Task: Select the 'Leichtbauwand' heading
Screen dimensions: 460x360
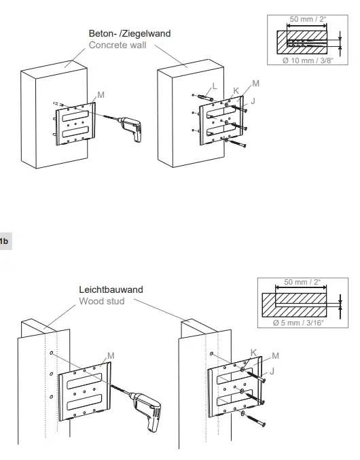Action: click(x=111, y=289)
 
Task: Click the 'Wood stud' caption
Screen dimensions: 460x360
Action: click(x=102, y=301)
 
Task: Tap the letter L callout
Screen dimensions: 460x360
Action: click(x=214, y=86)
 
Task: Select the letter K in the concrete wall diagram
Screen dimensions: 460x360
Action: click(x=236, y=90)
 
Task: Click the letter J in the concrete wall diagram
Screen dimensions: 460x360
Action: click(x=253, y=101)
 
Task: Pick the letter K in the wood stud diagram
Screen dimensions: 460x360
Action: click(x=253, y=352)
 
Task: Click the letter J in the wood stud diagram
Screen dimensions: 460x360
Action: click(x=272, y=371)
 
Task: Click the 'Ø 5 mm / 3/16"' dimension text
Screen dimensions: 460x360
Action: click(x=298, y=323)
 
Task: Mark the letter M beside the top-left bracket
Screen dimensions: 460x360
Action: click(x=101, y=95)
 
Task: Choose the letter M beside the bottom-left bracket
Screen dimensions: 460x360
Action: click(x=110, y=356)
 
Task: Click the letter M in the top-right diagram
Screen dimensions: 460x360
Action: click(x=255, y=83)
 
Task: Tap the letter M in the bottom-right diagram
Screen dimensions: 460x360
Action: click(x=275, y=355)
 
